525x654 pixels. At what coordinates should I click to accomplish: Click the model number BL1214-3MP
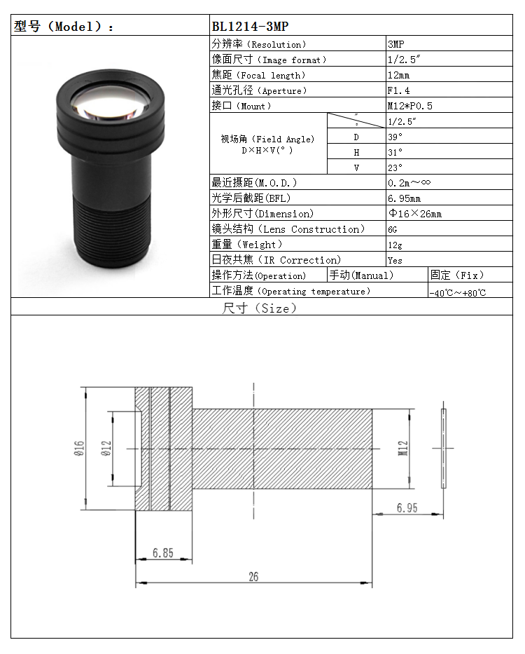click(x=250, y=26)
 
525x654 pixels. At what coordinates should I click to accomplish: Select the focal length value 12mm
click(x=399, y=75)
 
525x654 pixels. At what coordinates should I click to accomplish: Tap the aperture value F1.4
click(x=399, y=90)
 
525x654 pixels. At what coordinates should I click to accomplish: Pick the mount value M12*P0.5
click(x=410, y=106)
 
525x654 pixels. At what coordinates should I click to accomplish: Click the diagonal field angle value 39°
click(x=395, y=137)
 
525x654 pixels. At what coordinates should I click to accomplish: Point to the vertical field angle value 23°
click(x=395, y=168)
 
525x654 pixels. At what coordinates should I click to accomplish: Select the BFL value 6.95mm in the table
click(x=404, y=198)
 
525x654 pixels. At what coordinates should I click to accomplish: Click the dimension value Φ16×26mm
click(x=415, y=214)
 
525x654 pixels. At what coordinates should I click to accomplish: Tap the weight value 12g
click(x=395, y=245)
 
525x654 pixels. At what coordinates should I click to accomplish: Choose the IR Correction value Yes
click(x=395, y=260)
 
